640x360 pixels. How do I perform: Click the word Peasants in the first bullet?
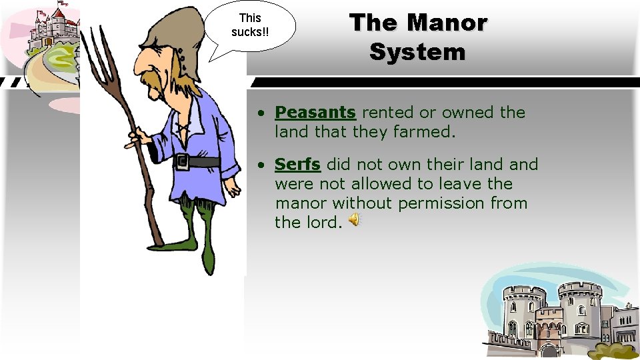tap(315, 113)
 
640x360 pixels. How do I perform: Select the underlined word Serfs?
tap(297, 164)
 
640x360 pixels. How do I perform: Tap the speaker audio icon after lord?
tap(355, 219)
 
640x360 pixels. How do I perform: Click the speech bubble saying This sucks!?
tap(250, 27)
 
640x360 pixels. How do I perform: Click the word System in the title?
tap(417, 51)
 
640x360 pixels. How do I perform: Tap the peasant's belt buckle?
tap(181, 161)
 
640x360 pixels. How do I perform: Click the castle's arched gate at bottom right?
tap(549, 351)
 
